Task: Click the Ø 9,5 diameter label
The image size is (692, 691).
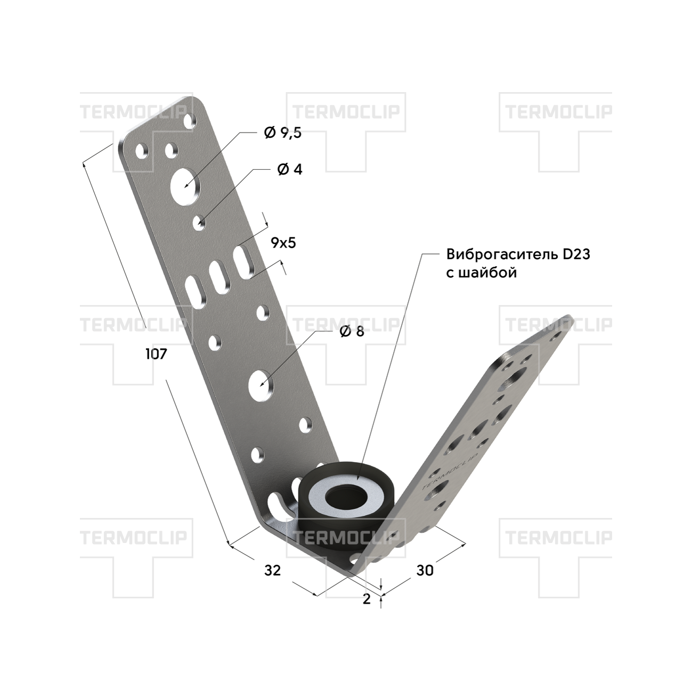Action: click(x=283, y=133)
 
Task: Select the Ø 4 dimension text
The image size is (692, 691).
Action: click(x=290, y=169)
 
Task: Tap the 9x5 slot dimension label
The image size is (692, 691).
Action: click(x=283, y=243)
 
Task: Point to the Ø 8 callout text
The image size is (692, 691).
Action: click(x=352, y=332)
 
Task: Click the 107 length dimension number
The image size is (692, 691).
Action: click(x=156, y=355)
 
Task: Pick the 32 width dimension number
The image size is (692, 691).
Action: click(x=272, y=570)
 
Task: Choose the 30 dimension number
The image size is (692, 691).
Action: click(x=425, y=570)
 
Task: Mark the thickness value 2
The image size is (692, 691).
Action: click(x=367, y=599)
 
